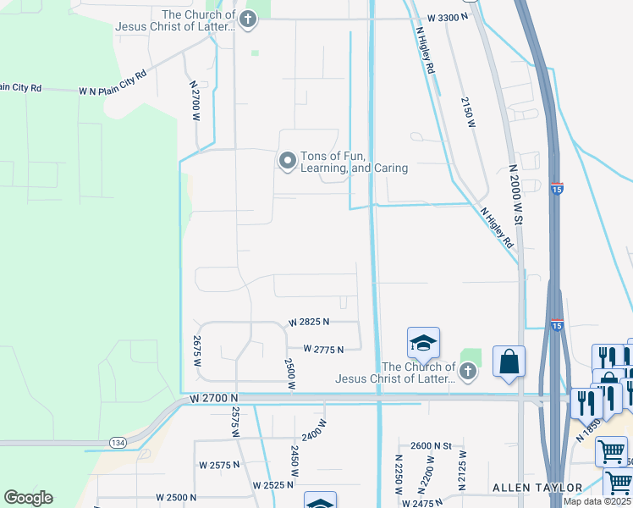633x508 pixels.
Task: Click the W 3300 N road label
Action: (x=449, y=17)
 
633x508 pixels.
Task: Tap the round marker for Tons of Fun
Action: (x=288, y=159)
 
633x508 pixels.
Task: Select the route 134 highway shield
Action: (x=118, y=443)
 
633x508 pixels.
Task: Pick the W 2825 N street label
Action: (x=308, y=323)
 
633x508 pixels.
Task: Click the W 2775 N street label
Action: (x=323, y=349)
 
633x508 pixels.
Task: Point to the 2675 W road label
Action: (x=196, y=351)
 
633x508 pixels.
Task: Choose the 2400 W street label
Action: (x=313, y=433)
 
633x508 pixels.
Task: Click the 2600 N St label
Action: (x=432, y=446)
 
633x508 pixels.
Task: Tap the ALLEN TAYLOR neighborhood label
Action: (x=537, y=488)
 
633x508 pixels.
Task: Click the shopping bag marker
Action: (x=509, y=361)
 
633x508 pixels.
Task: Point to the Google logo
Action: (x=28, y=497)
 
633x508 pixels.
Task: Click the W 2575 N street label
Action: (x=219, y=465)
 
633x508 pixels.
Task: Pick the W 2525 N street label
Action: (x=272, y=485)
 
